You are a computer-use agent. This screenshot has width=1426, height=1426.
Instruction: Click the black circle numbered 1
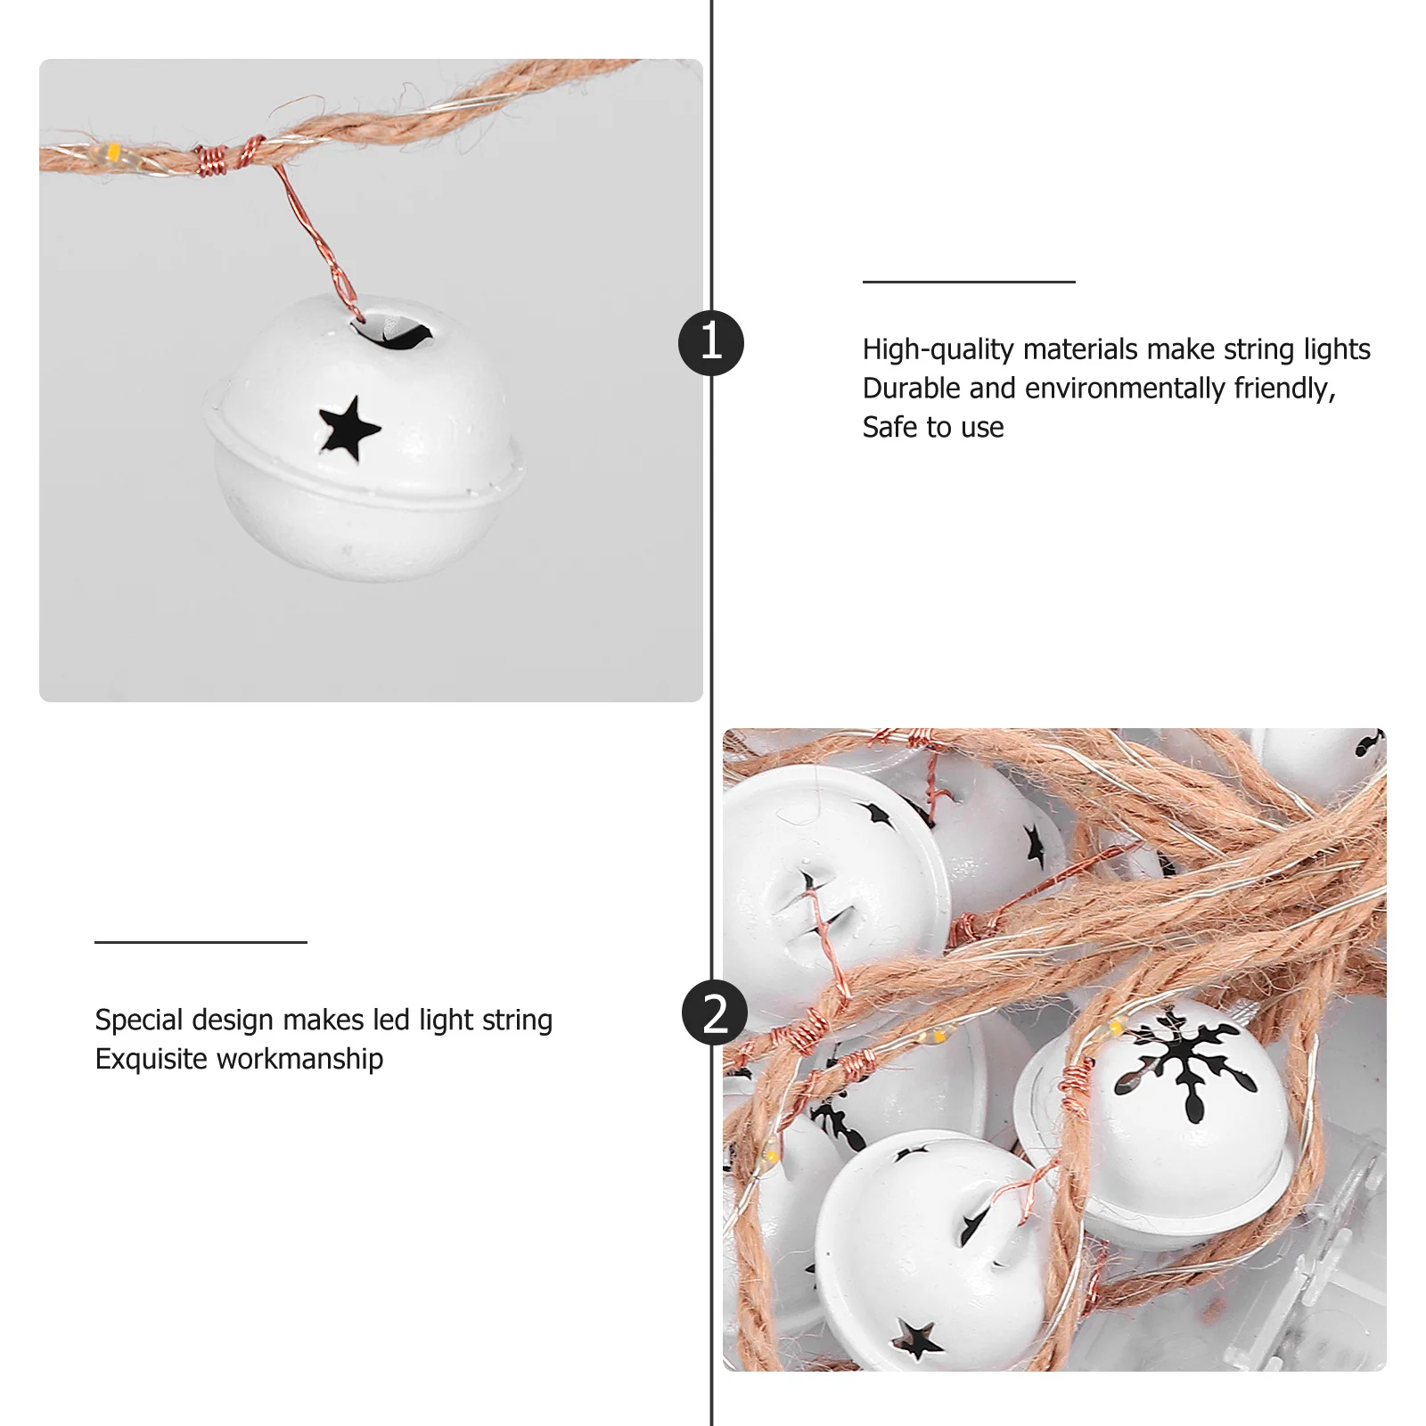pyautogui.click(x=711, y=343)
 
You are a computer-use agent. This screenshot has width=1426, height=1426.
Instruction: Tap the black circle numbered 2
pyautogui.click(x=714, y=1014)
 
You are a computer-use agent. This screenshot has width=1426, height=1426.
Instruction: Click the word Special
pyautogui.click(x=139, y=1020)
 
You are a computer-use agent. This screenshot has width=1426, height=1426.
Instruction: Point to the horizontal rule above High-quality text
pyautogui.click(x=969, y=282)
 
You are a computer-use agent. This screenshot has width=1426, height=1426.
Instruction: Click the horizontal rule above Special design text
pyautogui.click(x=201, y=941)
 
